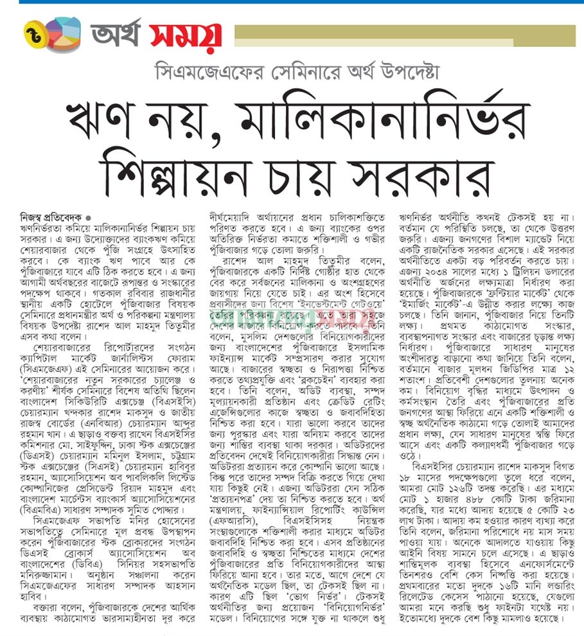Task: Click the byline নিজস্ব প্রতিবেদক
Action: [x=48, y=216]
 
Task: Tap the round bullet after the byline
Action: [x=88, y=217]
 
